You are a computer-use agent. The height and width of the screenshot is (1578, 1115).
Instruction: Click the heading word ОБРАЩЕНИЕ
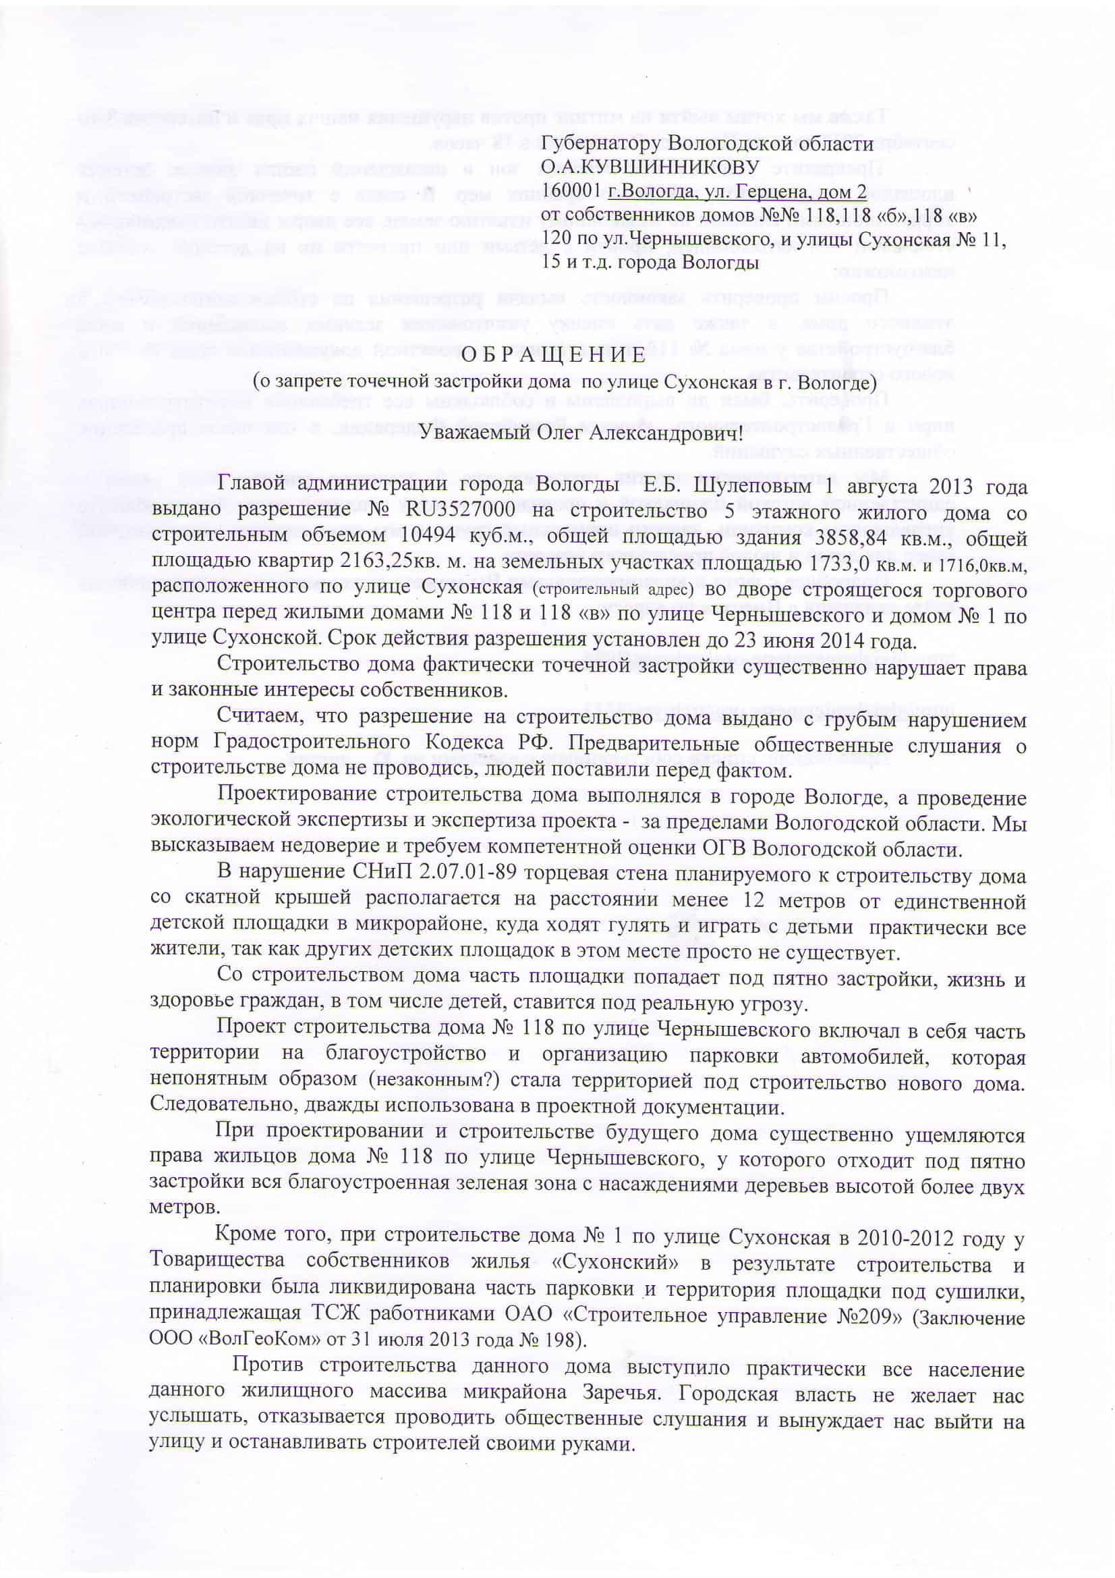552,355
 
